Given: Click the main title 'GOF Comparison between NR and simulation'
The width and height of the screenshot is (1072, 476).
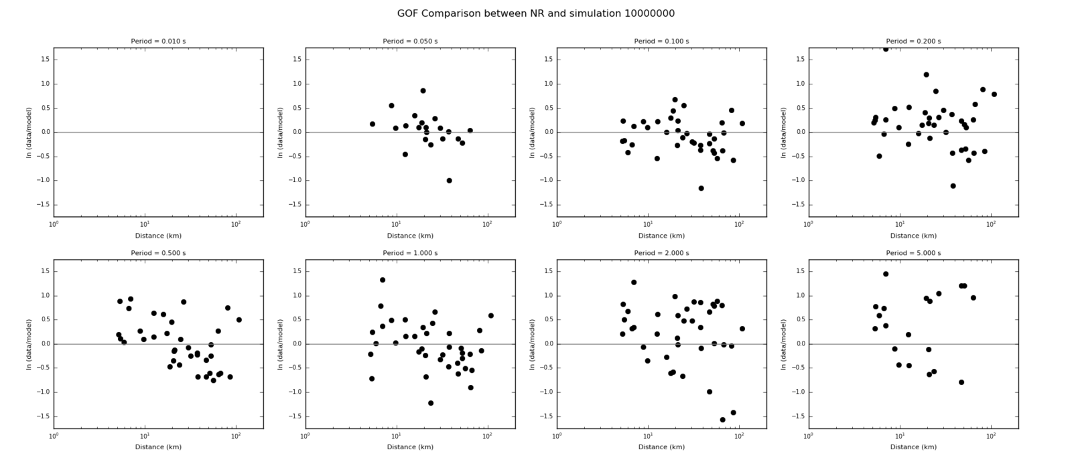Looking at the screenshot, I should point(535,13).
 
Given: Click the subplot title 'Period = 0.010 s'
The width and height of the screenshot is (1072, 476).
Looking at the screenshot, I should point(158,42).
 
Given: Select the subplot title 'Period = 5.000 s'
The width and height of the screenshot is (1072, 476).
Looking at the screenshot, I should point(913,253).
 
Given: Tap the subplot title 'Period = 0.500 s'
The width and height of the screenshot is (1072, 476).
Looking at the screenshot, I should point(158,253).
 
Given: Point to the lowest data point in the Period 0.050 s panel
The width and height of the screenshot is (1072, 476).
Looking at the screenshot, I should point(449,181).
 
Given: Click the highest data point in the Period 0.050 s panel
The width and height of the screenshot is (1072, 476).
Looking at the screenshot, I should point(423,91).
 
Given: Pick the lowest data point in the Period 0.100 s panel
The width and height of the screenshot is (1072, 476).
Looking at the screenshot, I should point(701,188).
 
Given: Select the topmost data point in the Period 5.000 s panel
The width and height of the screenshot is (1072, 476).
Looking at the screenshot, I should point(886,274).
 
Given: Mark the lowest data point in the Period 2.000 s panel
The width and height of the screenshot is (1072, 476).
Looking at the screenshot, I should point(722,420).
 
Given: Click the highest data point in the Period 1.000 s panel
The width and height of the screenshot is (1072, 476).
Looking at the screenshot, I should point(383,280).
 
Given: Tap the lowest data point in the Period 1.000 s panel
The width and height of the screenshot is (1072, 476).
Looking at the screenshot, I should point(431,403).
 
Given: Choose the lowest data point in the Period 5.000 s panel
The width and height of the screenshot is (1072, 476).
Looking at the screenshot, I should point(961,382).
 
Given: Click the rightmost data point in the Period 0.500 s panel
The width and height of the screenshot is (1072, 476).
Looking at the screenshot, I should point(239,320).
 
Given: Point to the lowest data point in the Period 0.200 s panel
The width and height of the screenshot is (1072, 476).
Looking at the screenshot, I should point(953,186).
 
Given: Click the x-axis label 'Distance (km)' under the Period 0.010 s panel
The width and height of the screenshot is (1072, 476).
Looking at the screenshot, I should point(158,236).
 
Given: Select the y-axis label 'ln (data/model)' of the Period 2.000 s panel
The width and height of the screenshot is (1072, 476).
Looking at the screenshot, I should point(533,344).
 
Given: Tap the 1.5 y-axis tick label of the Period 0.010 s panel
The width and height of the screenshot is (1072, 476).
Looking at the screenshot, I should point(44,60).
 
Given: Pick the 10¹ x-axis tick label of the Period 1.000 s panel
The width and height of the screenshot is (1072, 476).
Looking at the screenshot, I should point(397,437).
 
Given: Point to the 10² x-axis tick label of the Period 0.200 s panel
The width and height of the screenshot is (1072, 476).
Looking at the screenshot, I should point(991,225).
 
